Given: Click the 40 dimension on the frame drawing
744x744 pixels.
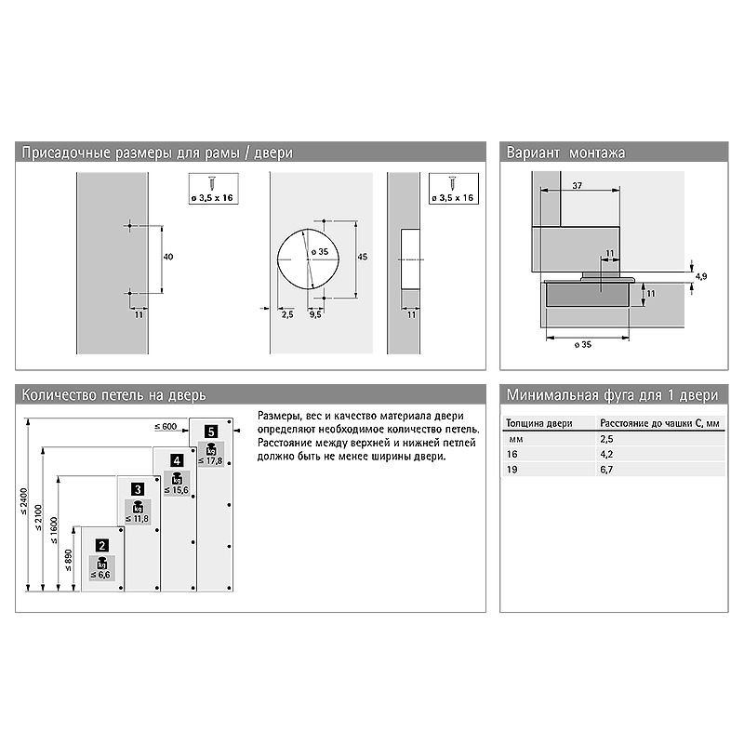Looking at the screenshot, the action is (168, 257).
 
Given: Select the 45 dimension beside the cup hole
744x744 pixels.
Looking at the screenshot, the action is (363, 257).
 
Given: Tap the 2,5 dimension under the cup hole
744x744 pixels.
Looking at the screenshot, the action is (287, 314).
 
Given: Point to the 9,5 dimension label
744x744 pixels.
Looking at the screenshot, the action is (315, 314).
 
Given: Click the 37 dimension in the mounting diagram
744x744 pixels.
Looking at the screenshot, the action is (577, 185).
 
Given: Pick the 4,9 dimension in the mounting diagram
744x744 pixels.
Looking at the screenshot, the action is (701, 276).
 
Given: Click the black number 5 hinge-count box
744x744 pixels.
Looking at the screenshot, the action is (211, 432).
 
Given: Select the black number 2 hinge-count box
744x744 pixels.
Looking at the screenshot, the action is (102, 546).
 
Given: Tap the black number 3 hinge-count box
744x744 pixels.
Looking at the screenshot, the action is (138, 489).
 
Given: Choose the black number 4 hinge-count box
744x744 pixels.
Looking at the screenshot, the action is (177, 460).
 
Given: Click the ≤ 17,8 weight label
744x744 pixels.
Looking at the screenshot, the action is (211, 460).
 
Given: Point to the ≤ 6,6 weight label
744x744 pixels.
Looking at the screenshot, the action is (100, 575).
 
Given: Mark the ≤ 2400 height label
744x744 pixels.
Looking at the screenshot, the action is (24, 501).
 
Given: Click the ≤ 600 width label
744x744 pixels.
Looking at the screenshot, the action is (166, 427).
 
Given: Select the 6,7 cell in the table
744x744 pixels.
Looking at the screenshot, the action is (606, 470).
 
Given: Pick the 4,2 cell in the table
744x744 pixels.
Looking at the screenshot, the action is (606, 454).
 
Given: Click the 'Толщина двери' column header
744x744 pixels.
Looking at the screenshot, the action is (539, 423).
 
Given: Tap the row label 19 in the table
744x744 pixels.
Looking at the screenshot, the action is (512, 470).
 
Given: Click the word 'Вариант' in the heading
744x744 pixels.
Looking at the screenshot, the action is (533, 153).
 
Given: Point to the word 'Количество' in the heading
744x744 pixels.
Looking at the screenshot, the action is (59, 395).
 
